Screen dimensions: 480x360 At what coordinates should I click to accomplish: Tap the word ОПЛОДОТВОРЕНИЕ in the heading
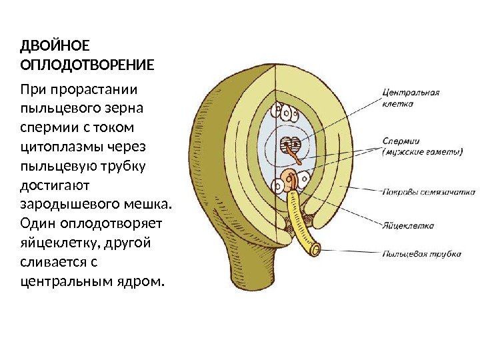[x=87, y=65]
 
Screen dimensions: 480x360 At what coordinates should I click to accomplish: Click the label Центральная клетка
[x=411, y=99]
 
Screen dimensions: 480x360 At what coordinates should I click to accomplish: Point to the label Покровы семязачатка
[x=423, y=193]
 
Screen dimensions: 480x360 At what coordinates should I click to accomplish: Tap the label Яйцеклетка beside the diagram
[x=408, y=225]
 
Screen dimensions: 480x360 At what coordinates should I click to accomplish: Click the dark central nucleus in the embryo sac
[x=289, y=143]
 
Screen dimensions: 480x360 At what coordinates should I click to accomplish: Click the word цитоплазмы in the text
[x=57, y=145]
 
